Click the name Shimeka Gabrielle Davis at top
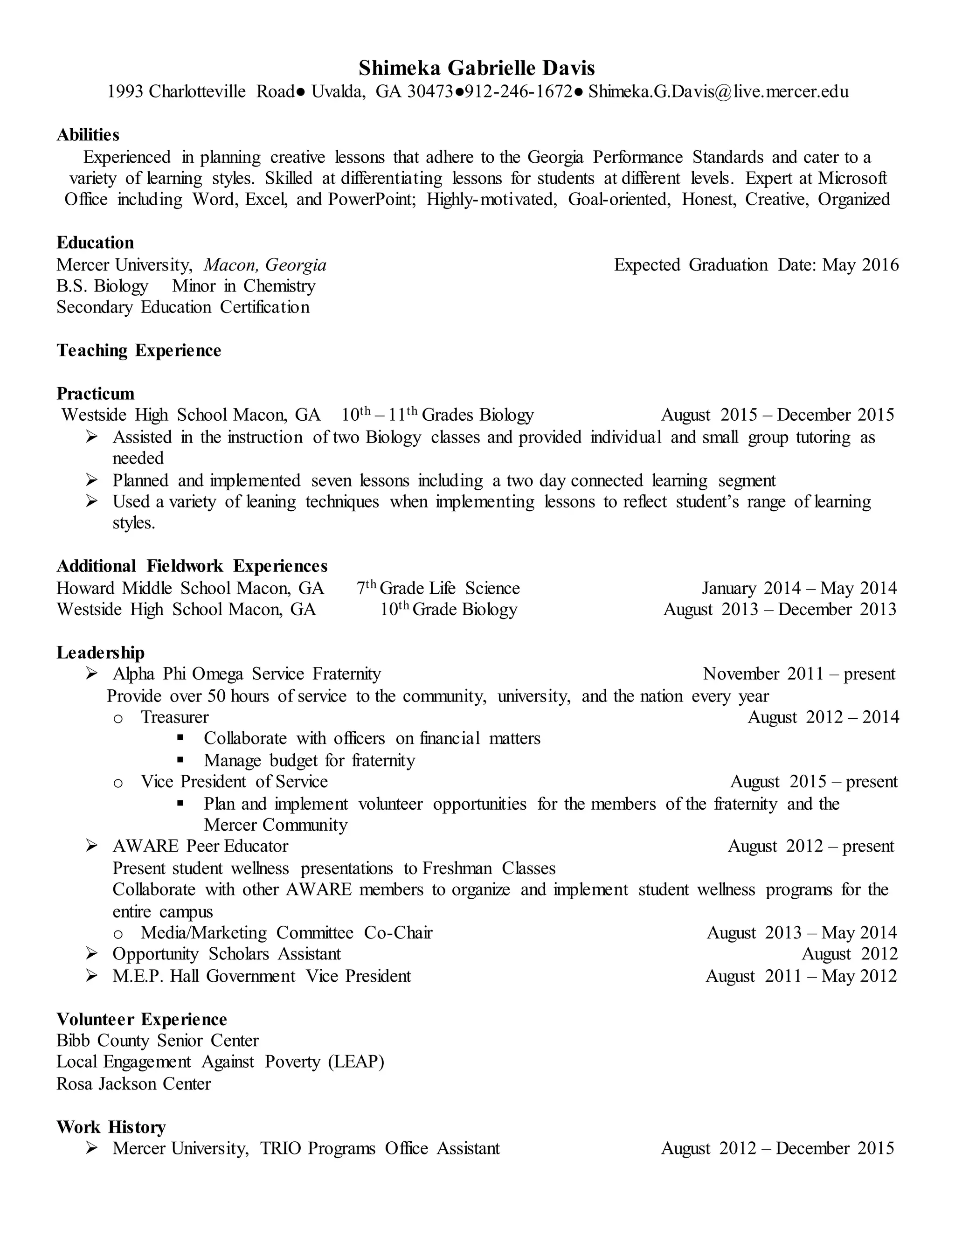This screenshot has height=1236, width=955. click(477, 69)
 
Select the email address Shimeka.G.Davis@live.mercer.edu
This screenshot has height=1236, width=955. click(718, 92)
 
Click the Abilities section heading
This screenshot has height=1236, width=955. click(88, 135)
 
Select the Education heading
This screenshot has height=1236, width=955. click(95, 243)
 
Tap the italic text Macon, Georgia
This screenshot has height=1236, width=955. click(265, 265)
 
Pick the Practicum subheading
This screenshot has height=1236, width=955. click(96, 394)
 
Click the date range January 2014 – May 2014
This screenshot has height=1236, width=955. click(799, 589)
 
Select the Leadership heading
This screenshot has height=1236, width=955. click(101, 653)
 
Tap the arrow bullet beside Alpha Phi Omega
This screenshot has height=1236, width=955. click(92, 674)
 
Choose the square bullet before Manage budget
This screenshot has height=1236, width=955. click(180, 760)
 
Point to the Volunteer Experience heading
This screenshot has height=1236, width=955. click(141, 1020)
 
